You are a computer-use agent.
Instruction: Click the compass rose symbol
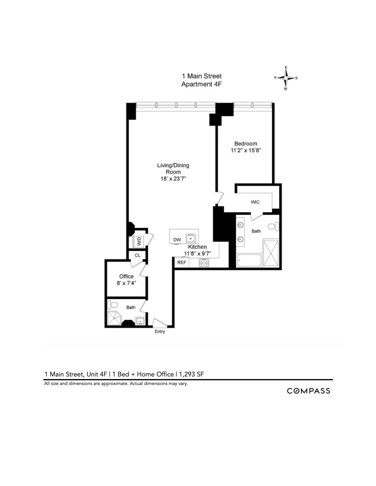tap(286, 78)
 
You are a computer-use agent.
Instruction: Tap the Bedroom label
tap(246, 144)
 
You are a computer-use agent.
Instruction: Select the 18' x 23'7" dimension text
tap(173, 179)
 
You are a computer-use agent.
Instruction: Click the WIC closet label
tap(255, 202)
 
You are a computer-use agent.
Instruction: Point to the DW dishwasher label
tap(177, 240)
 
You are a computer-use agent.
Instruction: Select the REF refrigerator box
tap(182, 262)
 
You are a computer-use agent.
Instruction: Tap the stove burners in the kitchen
tap(204, 262)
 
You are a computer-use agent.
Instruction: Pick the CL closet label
tap(137, 255)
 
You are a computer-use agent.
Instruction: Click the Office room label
tap(126, 276)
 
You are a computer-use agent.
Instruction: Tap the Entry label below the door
tap(160, 332)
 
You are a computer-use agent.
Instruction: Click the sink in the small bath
tap(140, 321)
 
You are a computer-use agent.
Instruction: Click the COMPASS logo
tap(308, 391)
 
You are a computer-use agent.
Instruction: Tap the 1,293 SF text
tap(191, 374)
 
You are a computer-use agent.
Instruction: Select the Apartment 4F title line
tap(201, 84)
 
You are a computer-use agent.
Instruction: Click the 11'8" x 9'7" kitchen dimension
tap(197, 254)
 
